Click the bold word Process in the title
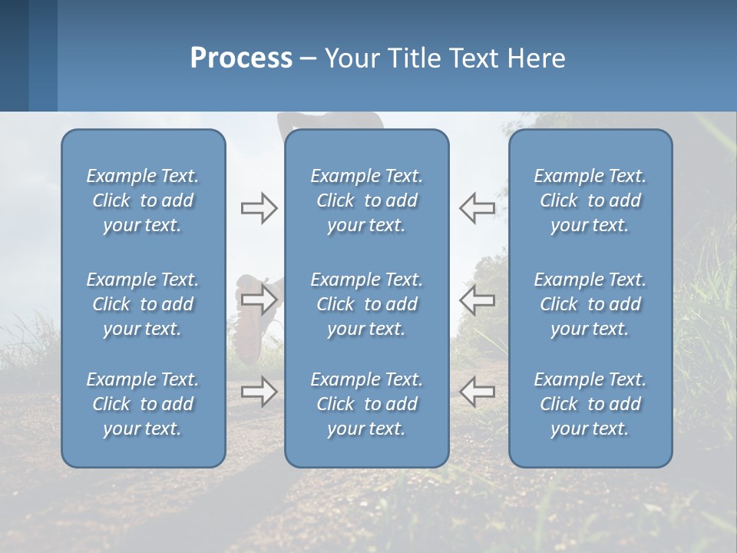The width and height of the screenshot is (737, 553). (x=241, y=58)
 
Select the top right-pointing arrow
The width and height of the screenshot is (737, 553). (x=259, y=208)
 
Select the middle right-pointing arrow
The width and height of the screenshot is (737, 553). (x=259, y=300)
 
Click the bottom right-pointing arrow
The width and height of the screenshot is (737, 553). (x=259, y=392)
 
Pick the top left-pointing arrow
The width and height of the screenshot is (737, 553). (x=478, y=208)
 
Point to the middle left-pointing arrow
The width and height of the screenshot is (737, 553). (x=478, y=300)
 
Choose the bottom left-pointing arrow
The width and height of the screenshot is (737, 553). (x=478, y=392)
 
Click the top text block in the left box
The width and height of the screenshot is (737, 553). (x=143, y=200)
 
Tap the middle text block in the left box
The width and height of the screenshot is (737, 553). (x=143, y=304)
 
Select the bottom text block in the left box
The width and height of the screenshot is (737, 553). (x=143, y=404)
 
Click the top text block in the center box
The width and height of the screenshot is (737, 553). (x=366, y=200)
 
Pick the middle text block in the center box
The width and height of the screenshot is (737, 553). (x=366, y=304)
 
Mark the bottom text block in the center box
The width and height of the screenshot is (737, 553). (x=366, y=404)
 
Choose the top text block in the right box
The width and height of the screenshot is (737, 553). (x=590, y=200)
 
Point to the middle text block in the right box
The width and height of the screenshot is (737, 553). (x=590, y=304)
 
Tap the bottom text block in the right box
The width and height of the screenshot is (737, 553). (x=590, y=404)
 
